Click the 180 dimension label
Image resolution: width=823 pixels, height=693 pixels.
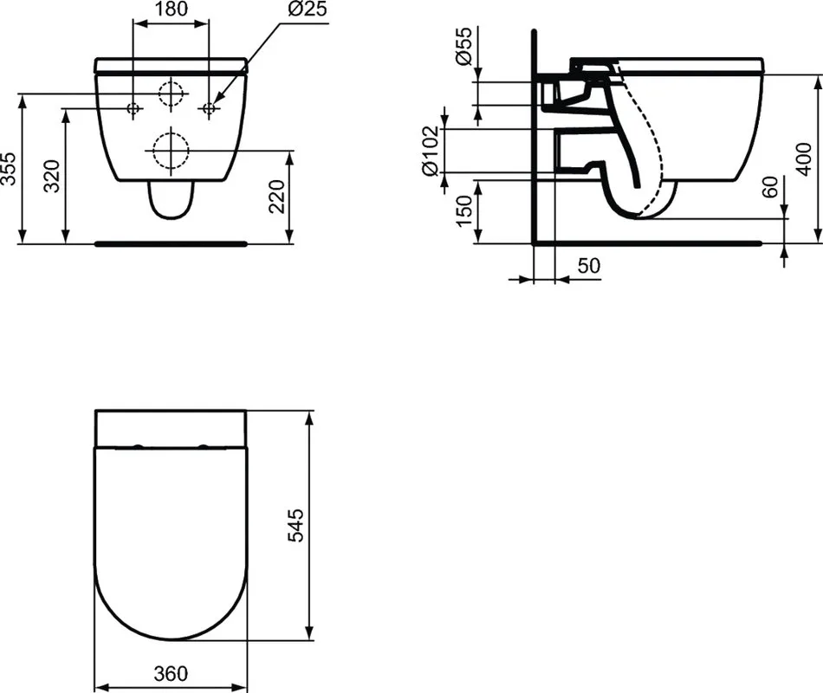tap(172, 9)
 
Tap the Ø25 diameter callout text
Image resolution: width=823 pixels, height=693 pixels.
tap(308, 9)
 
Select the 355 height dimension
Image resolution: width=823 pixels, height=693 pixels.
tap(9, 169)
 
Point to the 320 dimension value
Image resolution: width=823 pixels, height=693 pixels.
tap(52, 176)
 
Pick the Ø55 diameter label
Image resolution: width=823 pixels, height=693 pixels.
tap(464, 46)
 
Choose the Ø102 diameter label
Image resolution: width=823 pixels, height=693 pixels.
tap(430, 151)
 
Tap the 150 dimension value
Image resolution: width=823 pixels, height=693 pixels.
tap(464, 211)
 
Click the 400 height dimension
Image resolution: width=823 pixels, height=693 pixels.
tap(804, 159)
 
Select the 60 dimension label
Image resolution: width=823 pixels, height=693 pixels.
tap(769, 187)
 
